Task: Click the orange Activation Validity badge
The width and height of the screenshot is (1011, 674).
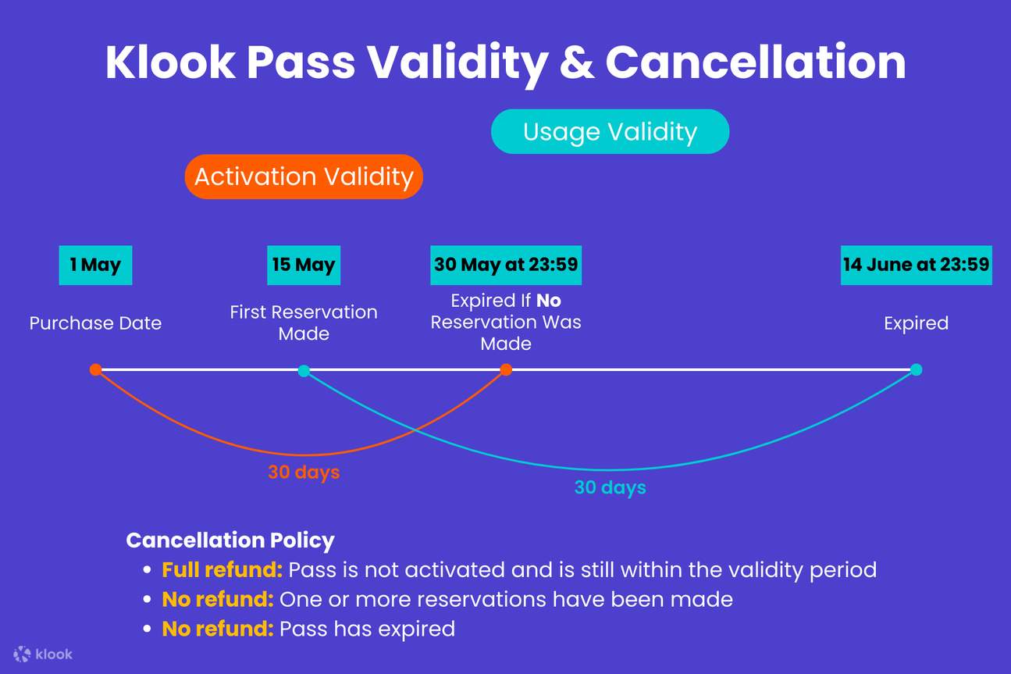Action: tap(304, 177)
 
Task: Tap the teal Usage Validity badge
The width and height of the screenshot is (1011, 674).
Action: tap(610, 131)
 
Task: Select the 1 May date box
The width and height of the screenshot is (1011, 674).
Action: tap(95, 265)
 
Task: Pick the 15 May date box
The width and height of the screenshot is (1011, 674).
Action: tap(304, 265)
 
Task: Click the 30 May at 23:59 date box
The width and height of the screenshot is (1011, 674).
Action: tap(506, 265)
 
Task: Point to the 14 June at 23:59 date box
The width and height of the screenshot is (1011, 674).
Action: tap(916, 265)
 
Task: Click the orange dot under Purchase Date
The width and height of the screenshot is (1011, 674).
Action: tap(95, 369)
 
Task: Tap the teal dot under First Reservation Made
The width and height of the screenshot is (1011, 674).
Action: tap(304, 370)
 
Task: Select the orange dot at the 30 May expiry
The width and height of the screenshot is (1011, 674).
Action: tap(506, 369)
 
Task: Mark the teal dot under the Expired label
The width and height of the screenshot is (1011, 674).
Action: tap(916, 369)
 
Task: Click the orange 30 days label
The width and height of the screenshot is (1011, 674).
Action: tap(304, 473)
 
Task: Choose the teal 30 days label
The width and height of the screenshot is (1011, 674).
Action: tap(610, 488)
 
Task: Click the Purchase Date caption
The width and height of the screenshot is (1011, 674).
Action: tap(95, 323)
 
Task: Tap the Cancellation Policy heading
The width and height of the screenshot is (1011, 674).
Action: tap(230, 540)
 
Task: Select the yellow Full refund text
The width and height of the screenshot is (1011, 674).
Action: tap(222, 570)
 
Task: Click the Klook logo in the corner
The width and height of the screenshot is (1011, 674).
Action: tap(44, 654)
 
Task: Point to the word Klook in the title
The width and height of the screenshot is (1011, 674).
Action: tap(170, 62)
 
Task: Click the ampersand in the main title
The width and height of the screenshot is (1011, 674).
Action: tap(577, 62)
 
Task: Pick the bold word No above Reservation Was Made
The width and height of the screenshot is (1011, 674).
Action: tap(548, 301)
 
